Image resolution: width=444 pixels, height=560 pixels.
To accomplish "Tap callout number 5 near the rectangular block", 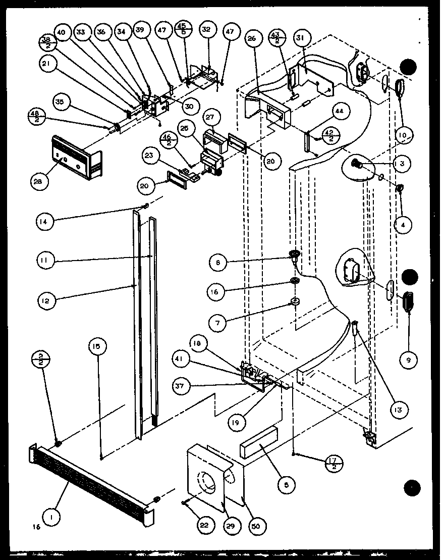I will (x=286, y=485).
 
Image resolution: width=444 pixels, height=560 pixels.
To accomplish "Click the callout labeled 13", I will (x=398, y=410).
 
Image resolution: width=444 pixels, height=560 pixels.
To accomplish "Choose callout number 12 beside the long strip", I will (x=47, y=301).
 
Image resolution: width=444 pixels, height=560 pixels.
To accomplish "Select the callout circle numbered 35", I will (x=60, y=103).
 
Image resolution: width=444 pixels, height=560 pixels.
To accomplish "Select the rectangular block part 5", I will (x=259, y=443).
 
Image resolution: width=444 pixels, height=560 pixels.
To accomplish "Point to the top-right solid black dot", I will (x=409, y=67).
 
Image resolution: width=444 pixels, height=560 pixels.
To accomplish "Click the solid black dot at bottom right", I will (x=412, y=487).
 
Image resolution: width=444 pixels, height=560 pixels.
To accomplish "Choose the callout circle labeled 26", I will (x=253, y=38).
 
